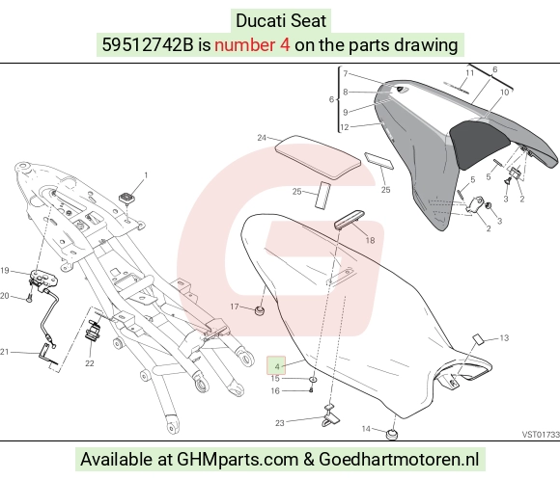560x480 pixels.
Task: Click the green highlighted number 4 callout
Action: (x=276, y=365)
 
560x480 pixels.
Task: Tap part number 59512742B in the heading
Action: (x=148, y=45)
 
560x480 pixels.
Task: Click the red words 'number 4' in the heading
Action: (x=252, y=45)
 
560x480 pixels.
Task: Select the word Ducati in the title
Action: (x=257, y=20)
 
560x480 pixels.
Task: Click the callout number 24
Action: (x=262, y=138)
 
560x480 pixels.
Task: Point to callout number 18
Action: (x=370, y=241)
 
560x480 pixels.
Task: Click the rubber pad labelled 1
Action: (x=126, y=199)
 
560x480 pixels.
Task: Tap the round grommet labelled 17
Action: (x=260, y=310)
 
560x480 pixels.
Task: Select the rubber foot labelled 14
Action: (x=392, y=435)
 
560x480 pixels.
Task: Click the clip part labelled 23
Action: (x=331, y=415)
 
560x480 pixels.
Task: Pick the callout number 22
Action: (x=89, y=363)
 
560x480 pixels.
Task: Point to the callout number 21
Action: (x=4, y=352)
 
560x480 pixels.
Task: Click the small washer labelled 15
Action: (x=313, y=380)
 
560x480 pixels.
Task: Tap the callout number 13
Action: (x=504, y=337)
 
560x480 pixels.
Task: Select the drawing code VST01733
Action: (x=541, y=435)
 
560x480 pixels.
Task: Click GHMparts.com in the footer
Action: (x=238, y=460)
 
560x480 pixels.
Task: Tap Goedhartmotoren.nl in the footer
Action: (x=399, y=459)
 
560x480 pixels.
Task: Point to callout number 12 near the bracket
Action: (x=345, y=127)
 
